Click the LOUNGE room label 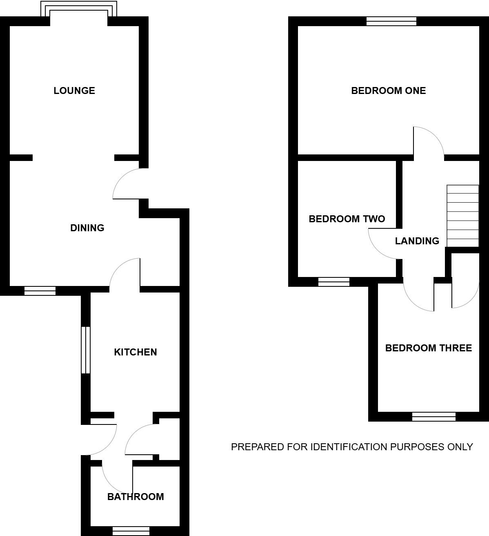coord(74,90)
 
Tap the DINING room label coord(87,228)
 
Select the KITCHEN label coord(135,352)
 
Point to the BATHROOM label coord(136,497)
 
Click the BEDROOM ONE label coord(388,91)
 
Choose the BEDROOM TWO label coord(347,219)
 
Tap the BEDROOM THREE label coord(428,348)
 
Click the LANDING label coord(417,241)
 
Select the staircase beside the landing coord(462,216)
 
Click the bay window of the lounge coord(79,9)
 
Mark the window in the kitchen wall coord(85,350)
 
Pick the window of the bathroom coord(131,531)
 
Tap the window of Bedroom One coord(391,21)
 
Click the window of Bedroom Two coord(333,282)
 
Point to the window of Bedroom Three coord(433,416)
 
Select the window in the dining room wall coord(40,290)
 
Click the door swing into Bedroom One coord(427,141)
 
